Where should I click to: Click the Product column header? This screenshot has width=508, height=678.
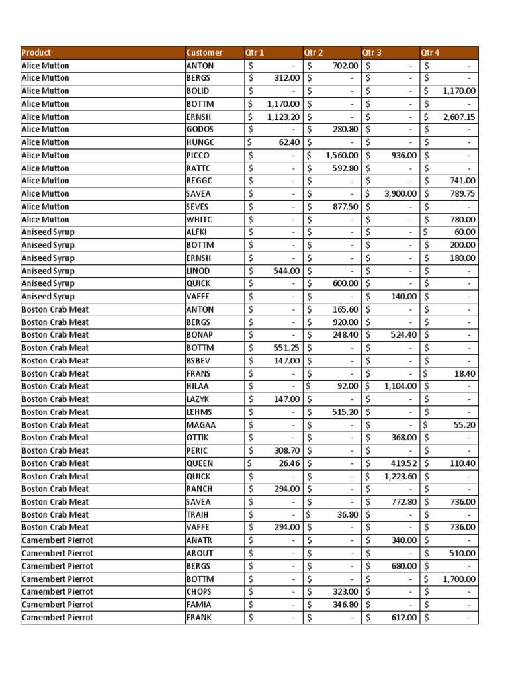[x=36, y=52]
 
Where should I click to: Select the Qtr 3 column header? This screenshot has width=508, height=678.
[x=372, y=52]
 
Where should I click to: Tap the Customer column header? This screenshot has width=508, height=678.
[x=204, y=52]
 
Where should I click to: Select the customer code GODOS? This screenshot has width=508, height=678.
[x=200, y=129]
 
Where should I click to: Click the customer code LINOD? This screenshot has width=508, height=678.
[x=198, y=271]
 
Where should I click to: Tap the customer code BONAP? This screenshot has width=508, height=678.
[x=200, y=335]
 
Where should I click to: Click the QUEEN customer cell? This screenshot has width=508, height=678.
[x=200, y=463]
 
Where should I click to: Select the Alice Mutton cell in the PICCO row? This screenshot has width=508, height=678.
[x=45, y=155]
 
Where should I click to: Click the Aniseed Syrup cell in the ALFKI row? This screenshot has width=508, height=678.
[x=48, y=232]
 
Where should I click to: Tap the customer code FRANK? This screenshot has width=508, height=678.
[x=200, y=618]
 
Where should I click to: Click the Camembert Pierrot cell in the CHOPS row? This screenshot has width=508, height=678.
[x=58, y=591]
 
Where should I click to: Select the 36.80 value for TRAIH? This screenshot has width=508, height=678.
[x=347, y=514]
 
